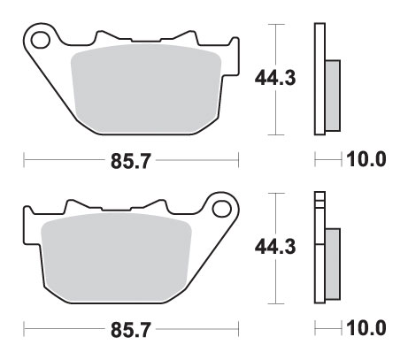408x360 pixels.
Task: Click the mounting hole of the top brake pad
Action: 41,41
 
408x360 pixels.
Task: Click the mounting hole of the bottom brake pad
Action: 221,209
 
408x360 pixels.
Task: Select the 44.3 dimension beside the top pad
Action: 275,79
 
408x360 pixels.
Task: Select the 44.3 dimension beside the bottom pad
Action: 275,247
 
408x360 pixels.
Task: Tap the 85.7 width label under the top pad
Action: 131,161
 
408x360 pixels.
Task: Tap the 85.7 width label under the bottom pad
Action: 131,330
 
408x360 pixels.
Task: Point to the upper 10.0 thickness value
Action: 366,159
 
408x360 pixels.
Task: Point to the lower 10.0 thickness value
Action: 366,328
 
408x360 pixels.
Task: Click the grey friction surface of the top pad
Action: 146,88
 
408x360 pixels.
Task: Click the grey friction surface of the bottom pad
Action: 116,257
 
